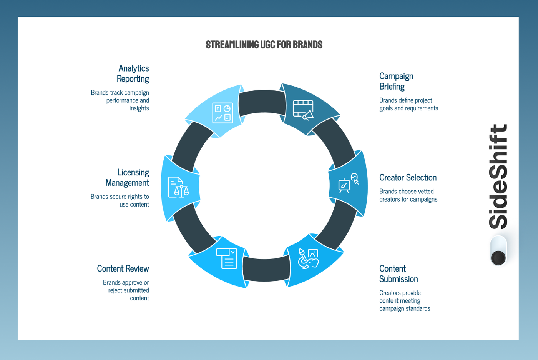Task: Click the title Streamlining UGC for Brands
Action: pyautogui.click(x=264, y=45)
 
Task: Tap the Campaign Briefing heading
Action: pyautogui.click(x=396, y=81)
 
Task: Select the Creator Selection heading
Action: pyautogui.click(x=408, y=178)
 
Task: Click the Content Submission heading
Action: pyautogui.click(x=398, y=274)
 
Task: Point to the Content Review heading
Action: pyautogui.click(x=123, y=268)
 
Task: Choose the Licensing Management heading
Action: pyautogui.click(x=127, y=177)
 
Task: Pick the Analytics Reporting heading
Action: pyautogui.click(x=133, y=73)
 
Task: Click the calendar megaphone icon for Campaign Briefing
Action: pyautogui.click(x=303, y=110)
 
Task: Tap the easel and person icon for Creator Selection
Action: pyautogui.click(x=348, y=183)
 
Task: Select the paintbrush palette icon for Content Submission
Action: pyautogui.click(x=308, y=258)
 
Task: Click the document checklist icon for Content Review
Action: pyautogui.click(x=227, y=258)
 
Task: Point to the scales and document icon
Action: pyautogui.click(x=178, y=187)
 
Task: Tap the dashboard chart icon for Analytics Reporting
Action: pyautogui.click(x=223, y=113)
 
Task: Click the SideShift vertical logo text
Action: pyautogui.click(x=498, y=177)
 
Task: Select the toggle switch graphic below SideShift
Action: pyautogui.click(x=498, y=251)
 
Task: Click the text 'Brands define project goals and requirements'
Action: pyautogui.click(x=408, y=104)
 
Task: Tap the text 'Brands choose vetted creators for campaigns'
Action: pyautogui.click(x=408, y=195)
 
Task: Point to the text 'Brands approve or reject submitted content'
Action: pyautogui.click(x=126, y=290)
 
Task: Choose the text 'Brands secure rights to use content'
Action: pyautogui.click(x=120, y=200)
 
